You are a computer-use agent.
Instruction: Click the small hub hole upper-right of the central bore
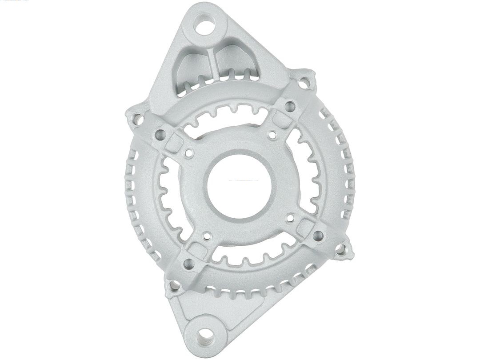270,132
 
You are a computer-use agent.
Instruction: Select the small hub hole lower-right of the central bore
291,217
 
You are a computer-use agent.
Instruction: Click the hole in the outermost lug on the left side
137,119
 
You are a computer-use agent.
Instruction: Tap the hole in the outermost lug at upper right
304,83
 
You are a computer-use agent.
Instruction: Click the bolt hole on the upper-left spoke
160,134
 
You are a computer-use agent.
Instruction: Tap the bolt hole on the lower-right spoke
318,234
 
